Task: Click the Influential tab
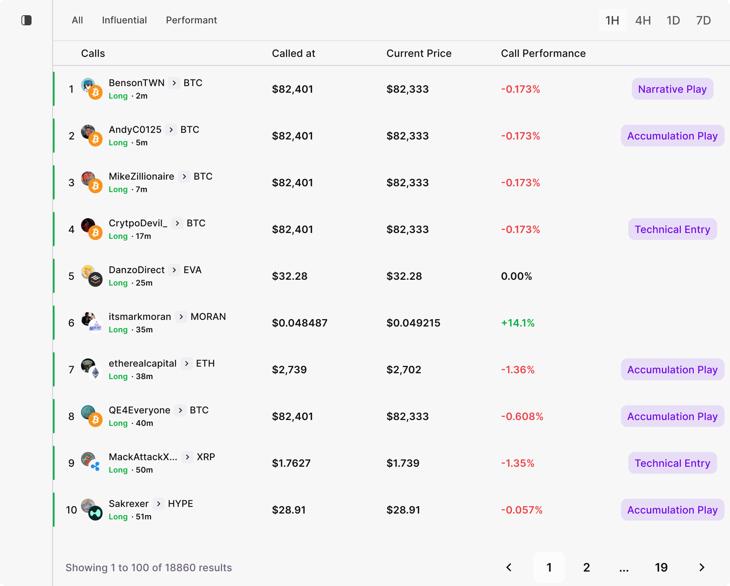(124, 20)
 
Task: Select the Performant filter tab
(191, 20)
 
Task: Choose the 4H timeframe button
(643, 20)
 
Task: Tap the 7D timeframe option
(703, 20)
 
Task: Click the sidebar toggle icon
(26, 20)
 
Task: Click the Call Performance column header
(543, 53)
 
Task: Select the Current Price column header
(419, 53)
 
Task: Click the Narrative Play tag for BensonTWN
(672, 89)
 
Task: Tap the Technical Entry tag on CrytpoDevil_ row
(672, 229)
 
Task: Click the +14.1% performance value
(518, 323)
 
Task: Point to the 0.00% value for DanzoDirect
(516, 276)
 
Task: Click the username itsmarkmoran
(140, 317)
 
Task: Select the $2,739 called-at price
(289, 370)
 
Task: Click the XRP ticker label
(206, 457)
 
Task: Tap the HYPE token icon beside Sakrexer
(95, 513)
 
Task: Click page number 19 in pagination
(661, 567)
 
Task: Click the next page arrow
(702, 567)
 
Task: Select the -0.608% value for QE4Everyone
(522, 417)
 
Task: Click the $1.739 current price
(403, 463)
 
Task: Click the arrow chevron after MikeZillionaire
(184, 177)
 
